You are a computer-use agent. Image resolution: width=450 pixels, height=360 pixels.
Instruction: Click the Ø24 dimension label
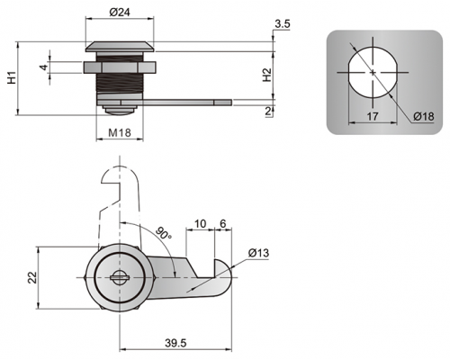(120, 12)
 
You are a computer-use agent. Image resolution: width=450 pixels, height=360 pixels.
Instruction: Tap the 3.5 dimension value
(283, 24)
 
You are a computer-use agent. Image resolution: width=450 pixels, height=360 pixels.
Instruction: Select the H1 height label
(12, 78)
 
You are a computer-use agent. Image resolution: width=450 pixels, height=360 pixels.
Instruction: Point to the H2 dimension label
(266, 76)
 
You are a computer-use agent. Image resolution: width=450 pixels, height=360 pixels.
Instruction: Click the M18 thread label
(120, 132)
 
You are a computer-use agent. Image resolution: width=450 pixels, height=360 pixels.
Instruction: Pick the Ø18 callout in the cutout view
(423, 116)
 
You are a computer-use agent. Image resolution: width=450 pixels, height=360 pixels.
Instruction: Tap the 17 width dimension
(373, 116)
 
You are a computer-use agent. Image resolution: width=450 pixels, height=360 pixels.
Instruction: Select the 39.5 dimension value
(175, 343)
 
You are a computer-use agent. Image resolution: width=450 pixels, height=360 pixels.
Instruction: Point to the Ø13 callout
(258, 253)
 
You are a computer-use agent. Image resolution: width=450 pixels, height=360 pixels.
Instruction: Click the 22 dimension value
(32, 277)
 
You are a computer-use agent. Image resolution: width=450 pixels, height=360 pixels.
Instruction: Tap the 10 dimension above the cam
(201, 223)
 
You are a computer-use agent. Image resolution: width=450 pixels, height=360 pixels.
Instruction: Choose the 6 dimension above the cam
(222, 223)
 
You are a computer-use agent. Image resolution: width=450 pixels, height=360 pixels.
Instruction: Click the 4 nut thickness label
(44, 67)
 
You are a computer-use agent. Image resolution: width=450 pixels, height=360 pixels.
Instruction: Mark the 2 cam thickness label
(268, 112)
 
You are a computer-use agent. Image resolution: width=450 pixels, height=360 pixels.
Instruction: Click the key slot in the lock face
(120, 277)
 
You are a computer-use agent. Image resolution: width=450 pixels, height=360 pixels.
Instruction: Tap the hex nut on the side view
(120, 67)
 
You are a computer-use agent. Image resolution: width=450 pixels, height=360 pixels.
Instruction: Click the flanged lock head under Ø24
(120, 47)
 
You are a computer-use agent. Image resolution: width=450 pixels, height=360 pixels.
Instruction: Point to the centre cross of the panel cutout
(373, 72)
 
